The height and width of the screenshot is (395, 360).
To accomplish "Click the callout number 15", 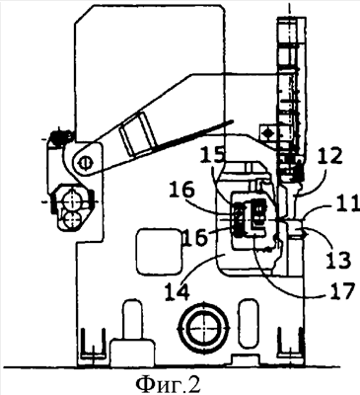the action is [x=214, y=154].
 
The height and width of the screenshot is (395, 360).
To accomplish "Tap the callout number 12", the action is [x=329, y=157].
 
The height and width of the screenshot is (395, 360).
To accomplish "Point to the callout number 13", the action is [x=337, y=259].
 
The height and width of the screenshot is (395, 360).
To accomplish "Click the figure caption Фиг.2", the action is [x=168, y=383].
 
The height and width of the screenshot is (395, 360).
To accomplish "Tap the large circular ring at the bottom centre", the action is [x=203, y=329].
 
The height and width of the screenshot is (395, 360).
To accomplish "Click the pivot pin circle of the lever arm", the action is [x=85, y=162].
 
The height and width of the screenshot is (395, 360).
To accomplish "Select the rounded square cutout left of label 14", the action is [x=159, y=252].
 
